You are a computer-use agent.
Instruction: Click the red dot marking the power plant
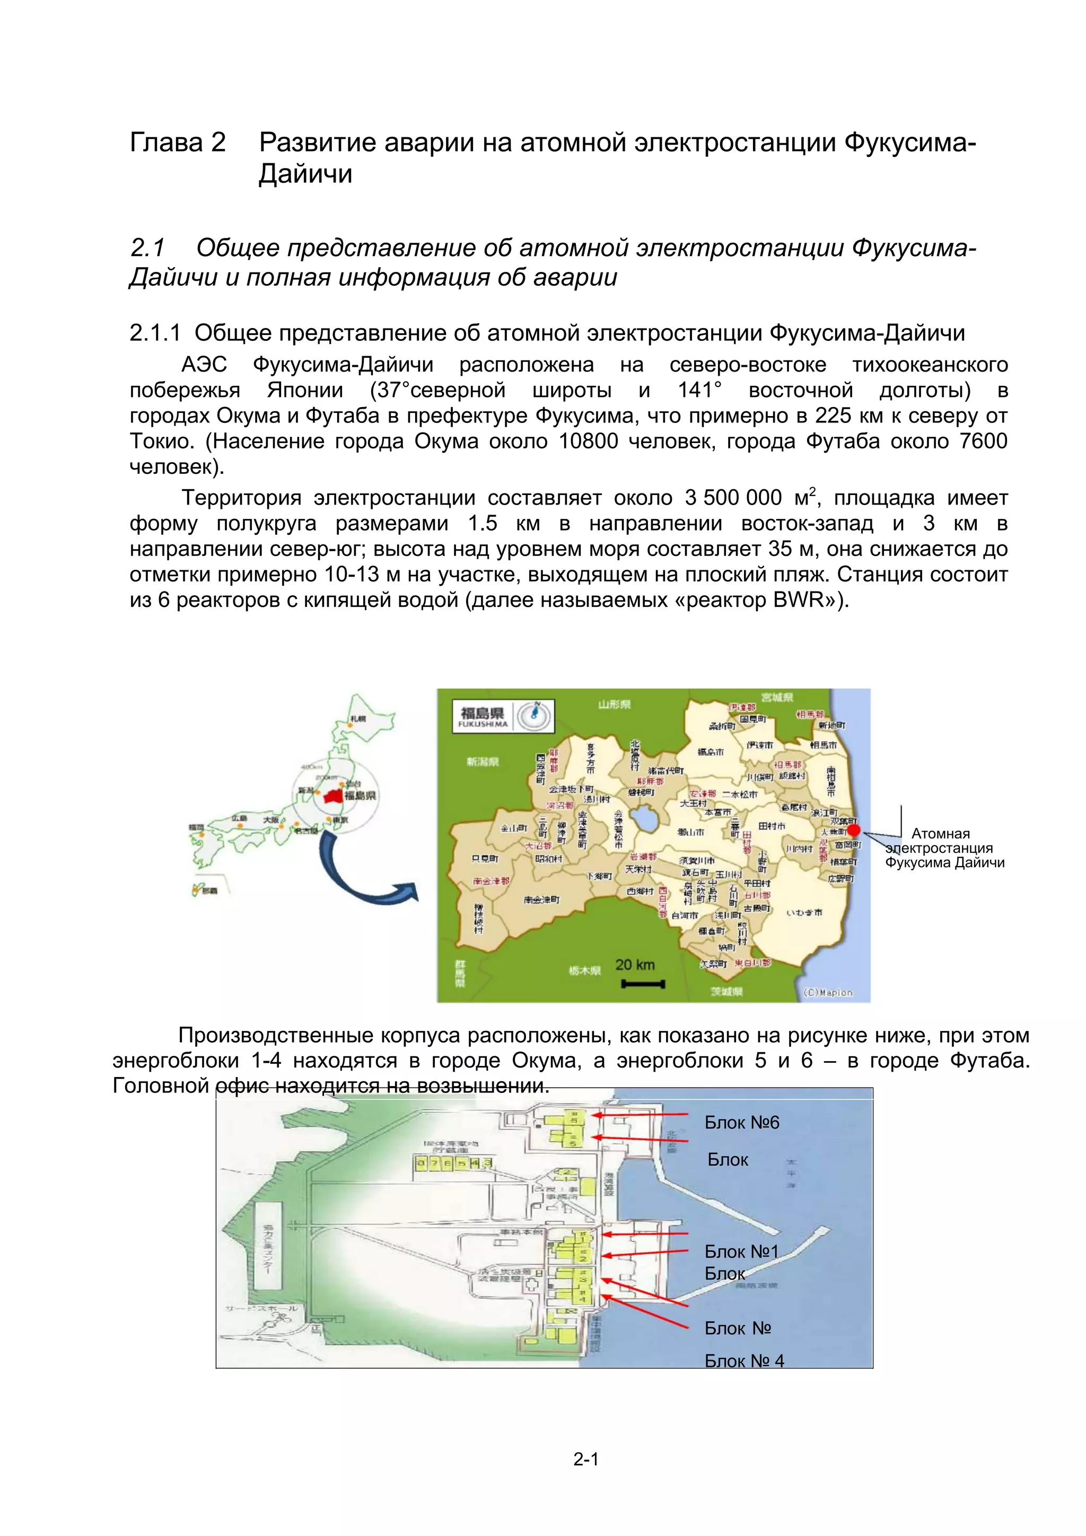pyautogui.click(x=853, y=830)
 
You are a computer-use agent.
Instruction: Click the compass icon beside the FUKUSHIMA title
pyautogui.click(x=535, y=714)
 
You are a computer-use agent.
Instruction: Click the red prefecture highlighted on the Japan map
pyautogui.click(x=332, y=796)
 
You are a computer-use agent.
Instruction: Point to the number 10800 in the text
pyautogui.click(x=588, y=442)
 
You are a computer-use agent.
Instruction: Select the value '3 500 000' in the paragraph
pyautogui.click(x=733, y=498)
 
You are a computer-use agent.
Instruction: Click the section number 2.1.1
pyautogui.click(x=155, y=333)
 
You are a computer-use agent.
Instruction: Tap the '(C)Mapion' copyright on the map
pyautogui.click(x=828, y=993)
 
